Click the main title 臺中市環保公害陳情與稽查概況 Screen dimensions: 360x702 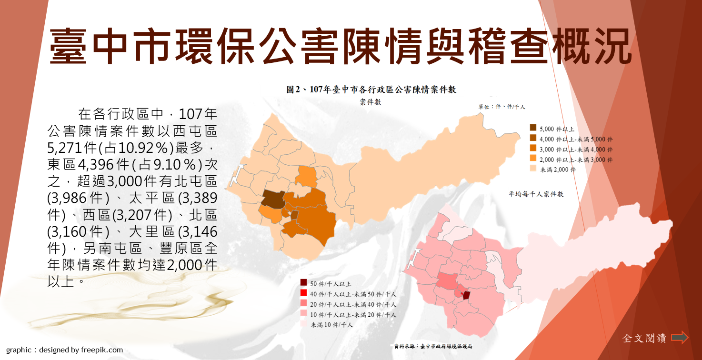341,46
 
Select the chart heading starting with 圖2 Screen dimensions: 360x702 371,89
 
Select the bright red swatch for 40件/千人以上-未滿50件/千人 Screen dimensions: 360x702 303,294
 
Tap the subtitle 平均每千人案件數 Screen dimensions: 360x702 536,194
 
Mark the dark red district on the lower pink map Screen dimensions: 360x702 466,295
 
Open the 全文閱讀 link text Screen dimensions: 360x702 644,338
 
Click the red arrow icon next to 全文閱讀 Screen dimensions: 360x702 680,338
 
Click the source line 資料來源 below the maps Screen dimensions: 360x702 433,347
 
